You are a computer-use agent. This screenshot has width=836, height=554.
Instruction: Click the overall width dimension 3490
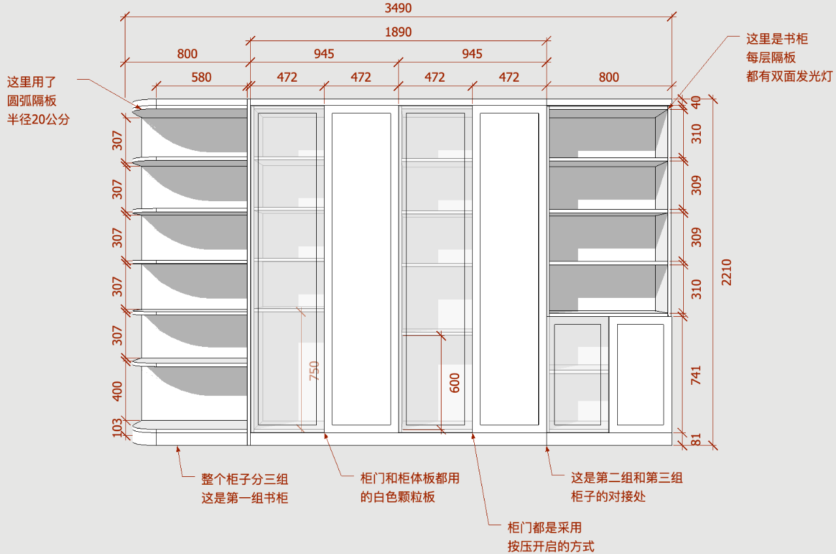[x=398, y=8]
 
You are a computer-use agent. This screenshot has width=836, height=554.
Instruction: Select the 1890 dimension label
[x=398, y=32]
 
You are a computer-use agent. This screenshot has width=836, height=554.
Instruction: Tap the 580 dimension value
[x=201, y=77]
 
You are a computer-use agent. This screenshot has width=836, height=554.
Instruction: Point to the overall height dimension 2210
[x=727, y=272]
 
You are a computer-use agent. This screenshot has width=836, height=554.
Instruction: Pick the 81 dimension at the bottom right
[x=696, y=440]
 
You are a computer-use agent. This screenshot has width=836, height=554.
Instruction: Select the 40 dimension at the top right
[x=696, y=103]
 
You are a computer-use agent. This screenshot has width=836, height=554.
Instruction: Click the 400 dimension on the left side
[x=118, y=391]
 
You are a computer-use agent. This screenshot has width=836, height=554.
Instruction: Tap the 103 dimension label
[x=118, y=428]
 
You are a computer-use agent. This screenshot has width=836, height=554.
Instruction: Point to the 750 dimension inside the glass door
[x=314, y=370]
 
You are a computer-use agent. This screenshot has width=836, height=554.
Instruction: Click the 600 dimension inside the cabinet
[x=455, y=382]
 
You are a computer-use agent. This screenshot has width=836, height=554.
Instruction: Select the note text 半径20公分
[x=37, y=120]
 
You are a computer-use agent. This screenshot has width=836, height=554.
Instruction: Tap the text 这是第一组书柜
[x=245, y=498]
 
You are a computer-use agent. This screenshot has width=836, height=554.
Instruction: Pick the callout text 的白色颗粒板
[x=398, y=497]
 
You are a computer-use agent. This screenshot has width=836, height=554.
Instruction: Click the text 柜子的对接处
[x=608, y=497]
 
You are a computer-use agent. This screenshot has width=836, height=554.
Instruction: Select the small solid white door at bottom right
[x=640, y=374]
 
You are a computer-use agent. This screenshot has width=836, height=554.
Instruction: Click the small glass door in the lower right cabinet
[x=577, y=374]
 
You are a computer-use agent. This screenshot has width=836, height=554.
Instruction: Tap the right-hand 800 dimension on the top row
[x=609, y=77]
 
